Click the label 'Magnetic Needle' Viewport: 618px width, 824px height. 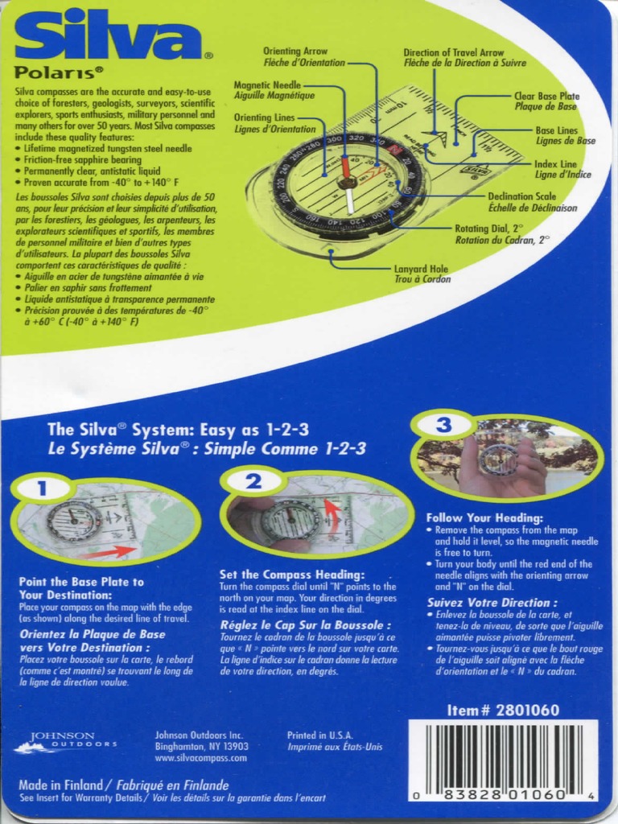click(268, 84)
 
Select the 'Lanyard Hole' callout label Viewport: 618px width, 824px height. click(422, 269)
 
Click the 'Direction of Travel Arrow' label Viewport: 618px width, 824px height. click(454, 52)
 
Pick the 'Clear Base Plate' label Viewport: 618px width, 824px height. click(546, 96)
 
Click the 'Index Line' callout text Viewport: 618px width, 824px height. click(556, 163)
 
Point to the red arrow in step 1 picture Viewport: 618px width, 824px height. click(113, 551)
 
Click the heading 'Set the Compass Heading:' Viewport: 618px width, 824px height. click(292, 575)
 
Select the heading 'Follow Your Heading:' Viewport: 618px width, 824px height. click(484, 518)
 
